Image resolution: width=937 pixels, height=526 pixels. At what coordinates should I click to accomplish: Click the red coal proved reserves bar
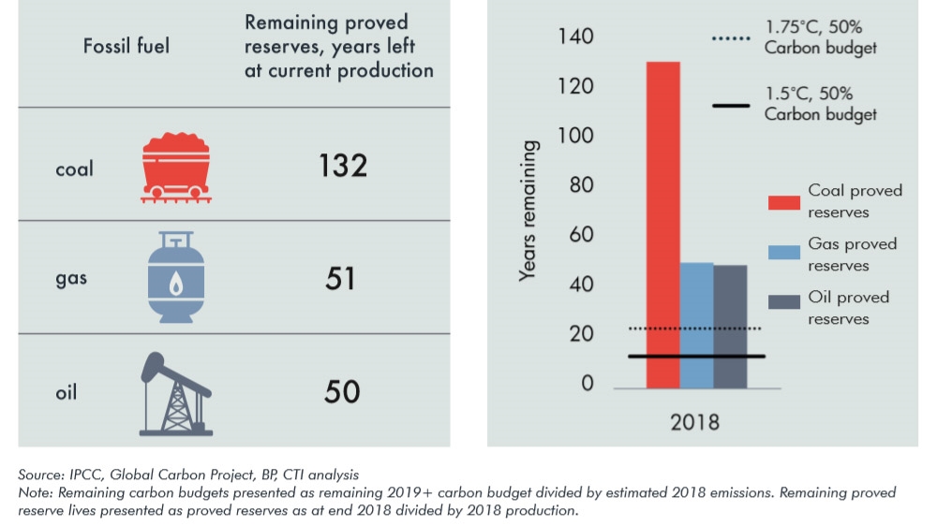tap(662, 225)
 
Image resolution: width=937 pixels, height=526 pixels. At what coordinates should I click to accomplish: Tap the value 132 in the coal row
tap(341, 166)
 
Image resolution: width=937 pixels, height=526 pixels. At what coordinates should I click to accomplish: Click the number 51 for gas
tap(341, 278)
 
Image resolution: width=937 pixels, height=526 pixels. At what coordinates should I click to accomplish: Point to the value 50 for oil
tap(341, 390)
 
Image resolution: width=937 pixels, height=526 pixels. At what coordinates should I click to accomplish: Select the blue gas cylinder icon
tap(175, 278)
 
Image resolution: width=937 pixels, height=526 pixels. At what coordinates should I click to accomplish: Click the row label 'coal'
tap(74, 169)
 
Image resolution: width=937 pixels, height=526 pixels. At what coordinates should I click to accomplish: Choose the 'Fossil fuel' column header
tap(126, 45)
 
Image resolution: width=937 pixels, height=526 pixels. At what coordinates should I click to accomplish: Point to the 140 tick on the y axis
tap(575, 37)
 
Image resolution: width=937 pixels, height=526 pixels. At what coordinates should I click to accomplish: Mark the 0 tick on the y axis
tap(587, 384)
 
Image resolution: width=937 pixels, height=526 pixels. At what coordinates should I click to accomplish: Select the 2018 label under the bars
tap(694, 422)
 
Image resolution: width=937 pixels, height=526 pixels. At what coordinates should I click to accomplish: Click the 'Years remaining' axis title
tap(529, 211)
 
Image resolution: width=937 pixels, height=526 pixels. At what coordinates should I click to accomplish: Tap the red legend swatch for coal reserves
tap(781, 201)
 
